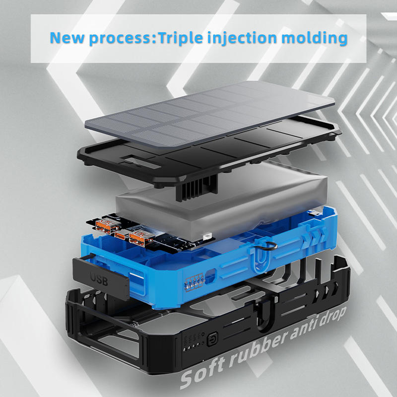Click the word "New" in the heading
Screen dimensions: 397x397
pyautogui.click(x=67, y=38)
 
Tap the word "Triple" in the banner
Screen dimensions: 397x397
pyautogui.click(x=181, y=38)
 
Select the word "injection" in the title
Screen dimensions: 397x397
pyautogui.click(x=242, y=38)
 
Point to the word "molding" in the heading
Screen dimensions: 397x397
pyautogui.click(x=314, y=38)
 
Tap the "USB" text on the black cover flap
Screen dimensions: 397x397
pyautogui.click(x=99, y=279)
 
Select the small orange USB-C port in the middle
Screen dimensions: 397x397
pyautogui.click(x=122, y=235)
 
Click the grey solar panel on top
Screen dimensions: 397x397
pyautogui.click(x=209, y=114)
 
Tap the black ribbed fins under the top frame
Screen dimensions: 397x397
pyautogui.click(x=197, y=188)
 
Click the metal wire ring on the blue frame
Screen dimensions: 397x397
pyautogui.click(x=269, y=246)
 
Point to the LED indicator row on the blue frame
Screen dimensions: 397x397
pyautogui.click(x=195, y=281)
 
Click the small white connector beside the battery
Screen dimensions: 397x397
pyautogui.click(x=207, y=237)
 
